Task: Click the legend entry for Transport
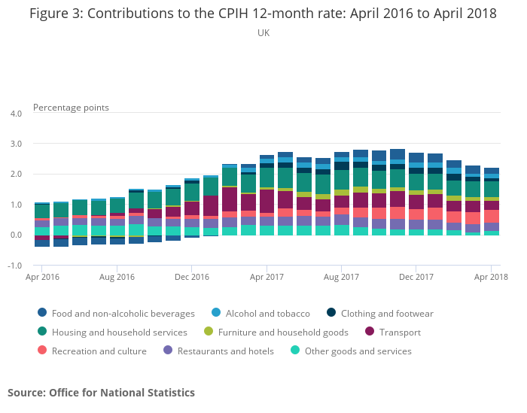pyautogui.click(x=393, y=332)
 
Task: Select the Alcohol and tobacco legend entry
pyautogui.click(x=260, y=313)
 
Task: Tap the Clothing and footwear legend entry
pyautogui.click(x=380, y=313)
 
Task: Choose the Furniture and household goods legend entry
pyautogui.click(x=276, y=332)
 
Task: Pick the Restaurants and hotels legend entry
pyautogui.click(x=218, y=351)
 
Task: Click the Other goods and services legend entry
pyautogui.click(x=351, y=351)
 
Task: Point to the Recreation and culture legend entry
pyautogui.click(x=92, y=351)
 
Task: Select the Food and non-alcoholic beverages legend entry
pyautogui.click(x=116, y=313)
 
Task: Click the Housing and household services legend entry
pyautogui.click(x=112, y=332)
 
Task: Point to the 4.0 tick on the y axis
pyautogui.click(x=16, y=114)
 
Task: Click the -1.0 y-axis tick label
pyautogui.click(x=14, y=266)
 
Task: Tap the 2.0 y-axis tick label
pyautogui.click(x=16, y=174)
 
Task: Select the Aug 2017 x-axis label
pyautogui.click(x=341, y=277)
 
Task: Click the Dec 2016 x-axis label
pyautogui.click(x=191, y=277)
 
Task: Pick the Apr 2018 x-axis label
pyautogui.click(x=491, y=277)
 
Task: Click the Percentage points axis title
pyautogui.click(x=71, y=108)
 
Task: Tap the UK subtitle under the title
pyautogui.click(x=263, y=33)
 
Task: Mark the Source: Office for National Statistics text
pyautogui.click(x=101, y=393)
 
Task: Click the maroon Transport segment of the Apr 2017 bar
pyautogui.click(x=267, y=201)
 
